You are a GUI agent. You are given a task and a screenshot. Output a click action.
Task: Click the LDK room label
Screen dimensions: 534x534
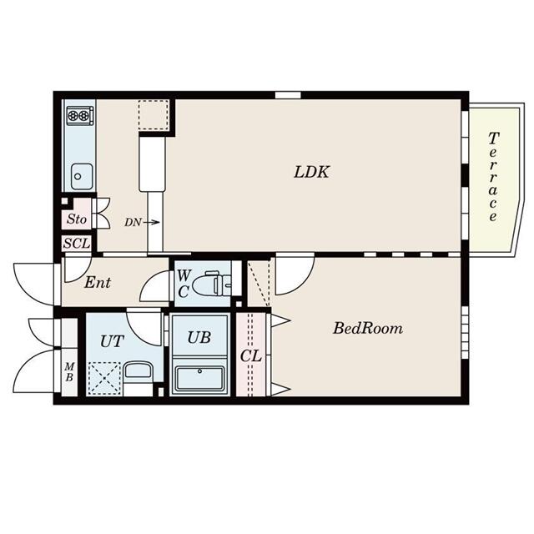pyautogui.click(x=311, y=172)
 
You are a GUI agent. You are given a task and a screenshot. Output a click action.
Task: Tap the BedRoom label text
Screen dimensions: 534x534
pyautogui.click(x=368, y=328)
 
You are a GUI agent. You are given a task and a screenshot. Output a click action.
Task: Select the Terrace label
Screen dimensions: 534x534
pyautogui.click(x=493, y=177)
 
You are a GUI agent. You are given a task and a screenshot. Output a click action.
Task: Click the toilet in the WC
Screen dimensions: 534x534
pyautogui.click(x=211, y=284)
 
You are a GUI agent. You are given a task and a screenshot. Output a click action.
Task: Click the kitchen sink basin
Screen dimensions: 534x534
pyautogui.click(x=82, y=176)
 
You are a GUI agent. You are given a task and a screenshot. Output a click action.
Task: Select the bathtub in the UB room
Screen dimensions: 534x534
pyautogui.click(x=199, y=380)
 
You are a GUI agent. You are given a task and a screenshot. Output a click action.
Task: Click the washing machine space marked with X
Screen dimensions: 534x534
pyautogui.click(x=104, y=378)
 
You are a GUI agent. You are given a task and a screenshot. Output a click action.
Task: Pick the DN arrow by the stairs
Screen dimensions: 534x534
pyautogui.click(x=151, y=223)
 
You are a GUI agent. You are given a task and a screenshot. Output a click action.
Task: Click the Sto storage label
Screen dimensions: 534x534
pyautogui.click(x=76, y=219)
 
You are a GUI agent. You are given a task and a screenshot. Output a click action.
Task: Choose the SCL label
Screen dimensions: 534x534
pyautogui.click(x=77, y=243)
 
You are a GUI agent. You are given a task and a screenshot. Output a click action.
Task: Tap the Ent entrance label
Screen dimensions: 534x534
pyautogui.click(x=98, y=282)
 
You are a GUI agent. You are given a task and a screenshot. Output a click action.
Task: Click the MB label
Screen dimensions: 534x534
pyautogui.click(x=69, y=372)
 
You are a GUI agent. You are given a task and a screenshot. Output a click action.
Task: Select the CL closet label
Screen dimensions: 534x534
pyautogui.click(x=251, y=356)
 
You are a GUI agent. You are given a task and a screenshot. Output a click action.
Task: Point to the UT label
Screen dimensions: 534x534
pyautogui.click(x=112, y=341)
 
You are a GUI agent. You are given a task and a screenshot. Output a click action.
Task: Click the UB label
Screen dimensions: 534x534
pyautogui.click(x=199, y=337)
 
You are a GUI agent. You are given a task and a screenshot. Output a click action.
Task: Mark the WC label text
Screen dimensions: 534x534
pyautogui.click(x=184, y=284)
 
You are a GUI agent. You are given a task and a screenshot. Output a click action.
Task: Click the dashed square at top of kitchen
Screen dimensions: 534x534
pyautogui.click(x=154, y=115)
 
